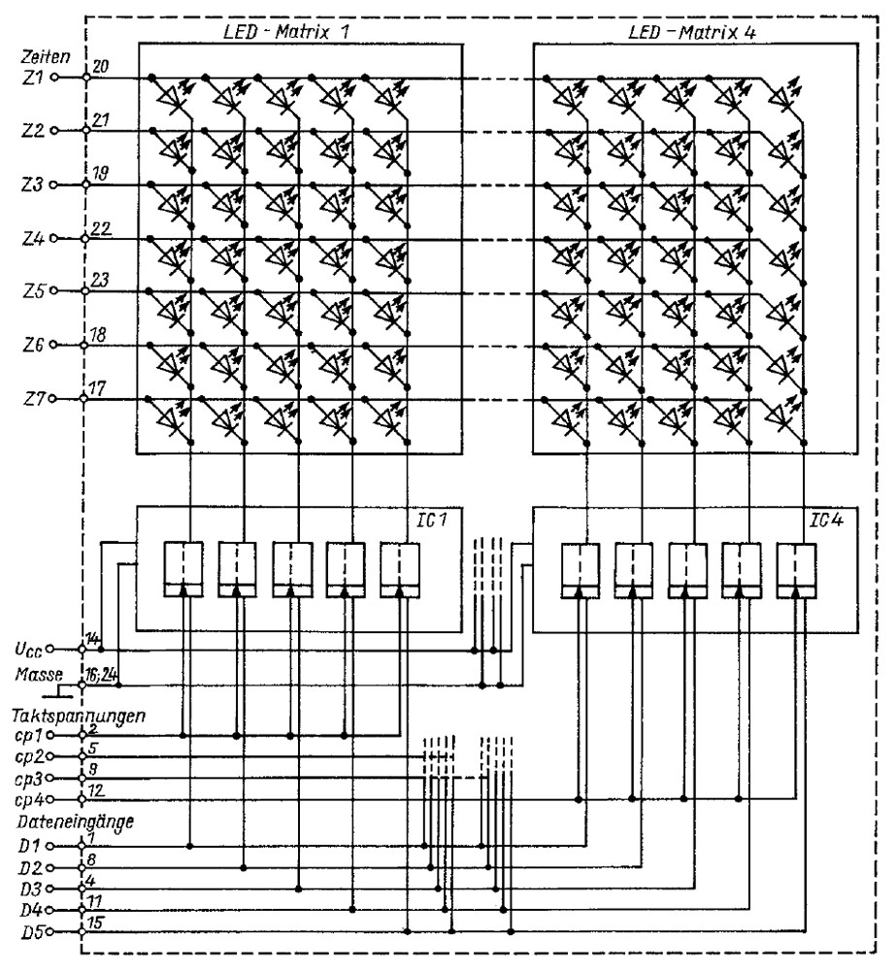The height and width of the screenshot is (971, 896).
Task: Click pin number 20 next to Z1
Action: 101,66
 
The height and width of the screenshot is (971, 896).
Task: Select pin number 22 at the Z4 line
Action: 101,226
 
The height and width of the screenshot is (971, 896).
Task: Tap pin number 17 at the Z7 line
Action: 101,386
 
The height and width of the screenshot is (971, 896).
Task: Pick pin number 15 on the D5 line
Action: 100,923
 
